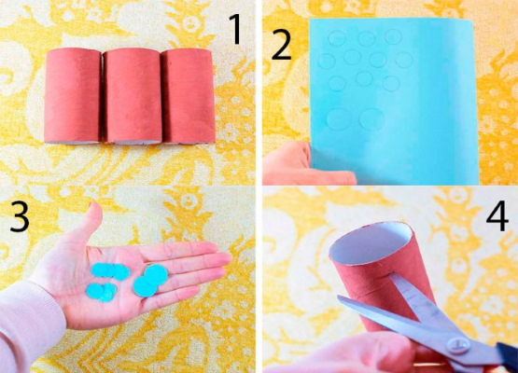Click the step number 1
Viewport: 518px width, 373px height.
[x=237, y=29]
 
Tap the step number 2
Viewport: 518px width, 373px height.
[x=281, y=46]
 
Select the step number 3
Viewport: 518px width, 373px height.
[x=20, y=216]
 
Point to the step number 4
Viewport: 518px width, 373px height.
[x=497, y=216]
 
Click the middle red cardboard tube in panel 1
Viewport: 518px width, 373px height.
[x=133, y=96]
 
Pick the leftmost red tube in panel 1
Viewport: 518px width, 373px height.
[x=73, y=96]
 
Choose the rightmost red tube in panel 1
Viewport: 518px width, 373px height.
[x=189, y=96]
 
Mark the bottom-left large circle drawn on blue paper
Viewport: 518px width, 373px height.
[x=340, y=118]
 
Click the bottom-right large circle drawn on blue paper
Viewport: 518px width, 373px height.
[x=371, y=118]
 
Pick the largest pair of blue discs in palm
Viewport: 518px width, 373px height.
[x=150, y=281]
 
